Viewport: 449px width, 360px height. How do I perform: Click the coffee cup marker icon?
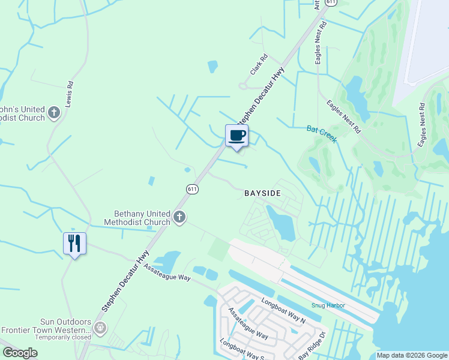coord(237,135)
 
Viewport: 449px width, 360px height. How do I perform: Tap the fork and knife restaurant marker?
coord(74,243)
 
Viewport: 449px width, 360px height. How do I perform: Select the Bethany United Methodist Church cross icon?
coord(179,217)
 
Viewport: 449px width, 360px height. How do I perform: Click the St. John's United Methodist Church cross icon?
coord(54,112)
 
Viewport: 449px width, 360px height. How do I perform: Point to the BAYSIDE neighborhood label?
coord(262,193)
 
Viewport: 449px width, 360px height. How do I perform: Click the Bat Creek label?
coord(322,134)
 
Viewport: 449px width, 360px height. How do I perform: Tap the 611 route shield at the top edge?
coord(331,3)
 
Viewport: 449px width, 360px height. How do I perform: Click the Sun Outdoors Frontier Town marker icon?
coord(100,328)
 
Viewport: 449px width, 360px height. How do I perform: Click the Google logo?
coord(20,352)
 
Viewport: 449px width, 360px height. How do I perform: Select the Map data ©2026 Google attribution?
coord(412,355)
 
